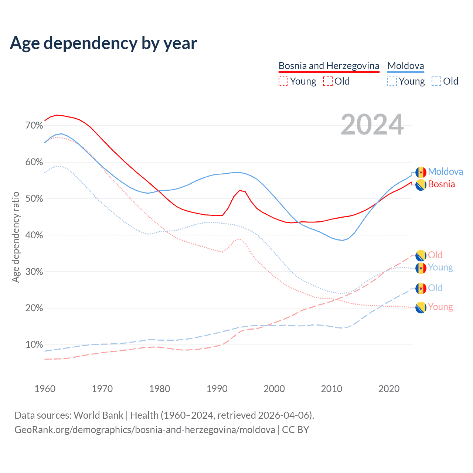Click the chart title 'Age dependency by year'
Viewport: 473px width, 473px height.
[103, 43]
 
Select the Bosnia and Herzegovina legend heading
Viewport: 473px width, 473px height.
[329, 66]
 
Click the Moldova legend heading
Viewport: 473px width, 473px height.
[405, 66]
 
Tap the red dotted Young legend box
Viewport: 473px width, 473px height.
[283, 81]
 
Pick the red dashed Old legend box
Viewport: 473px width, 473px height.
[327, 81]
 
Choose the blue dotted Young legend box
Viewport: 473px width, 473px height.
[392, 81]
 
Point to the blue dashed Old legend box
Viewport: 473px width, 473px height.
[436, 81]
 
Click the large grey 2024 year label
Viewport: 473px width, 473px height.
[372, 125]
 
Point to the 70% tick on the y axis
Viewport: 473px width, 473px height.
[34, 126]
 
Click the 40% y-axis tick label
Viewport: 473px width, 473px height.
[34, 235]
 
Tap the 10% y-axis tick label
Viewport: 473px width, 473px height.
[34, 345]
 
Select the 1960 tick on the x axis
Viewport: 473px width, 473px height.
[45, 389]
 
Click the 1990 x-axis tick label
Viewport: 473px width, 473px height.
[217, 389]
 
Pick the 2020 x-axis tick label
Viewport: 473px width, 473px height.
[389, 389]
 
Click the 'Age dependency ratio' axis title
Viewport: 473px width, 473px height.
[16, 237]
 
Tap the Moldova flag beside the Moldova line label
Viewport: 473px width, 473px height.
[421, 172]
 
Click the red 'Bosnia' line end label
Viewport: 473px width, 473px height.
[441, 184]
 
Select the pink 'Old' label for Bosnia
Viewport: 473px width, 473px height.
[435, 255]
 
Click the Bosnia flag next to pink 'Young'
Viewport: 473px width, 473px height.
[421, 307]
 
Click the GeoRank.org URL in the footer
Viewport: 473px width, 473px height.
[144, 430]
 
